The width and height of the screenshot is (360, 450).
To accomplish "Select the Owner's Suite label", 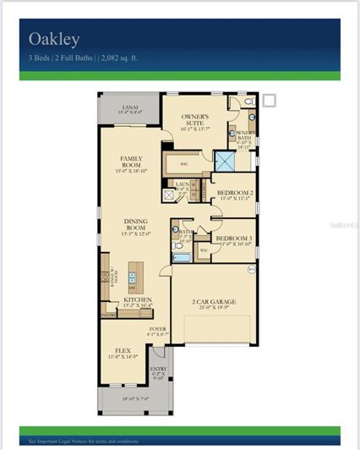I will pyautogui.click(x=195, y=121).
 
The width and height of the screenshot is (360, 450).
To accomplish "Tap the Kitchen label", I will pyautogui.click(x=136, y=300).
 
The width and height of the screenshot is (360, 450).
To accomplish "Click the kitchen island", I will pyautogui.click(x=133, y=277).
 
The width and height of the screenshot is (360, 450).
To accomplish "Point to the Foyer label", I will pyautogui.click(x=158, y=331).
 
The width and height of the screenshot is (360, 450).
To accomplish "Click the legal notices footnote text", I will pyautogui.click(x=85, y=441).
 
